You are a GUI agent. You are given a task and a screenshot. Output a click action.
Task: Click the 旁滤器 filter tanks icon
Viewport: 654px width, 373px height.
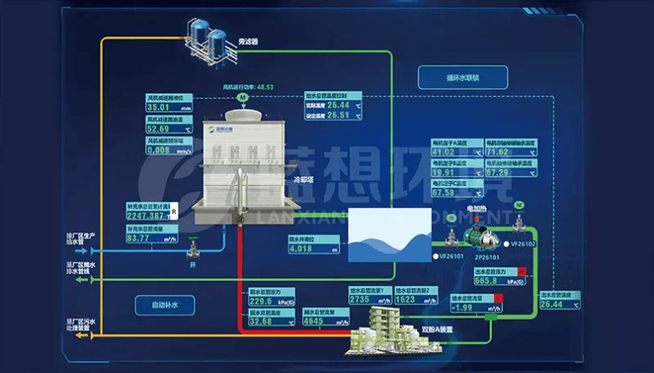click(x=208, y=41)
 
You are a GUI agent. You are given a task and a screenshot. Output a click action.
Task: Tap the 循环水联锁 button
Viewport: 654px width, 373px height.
click(x=461, y=80)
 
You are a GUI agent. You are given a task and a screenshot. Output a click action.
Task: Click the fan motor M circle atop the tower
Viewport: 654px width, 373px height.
click(x=242, y=98)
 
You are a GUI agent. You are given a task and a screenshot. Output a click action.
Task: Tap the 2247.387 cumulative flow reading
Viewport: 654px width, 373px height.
click(x=147, y=216)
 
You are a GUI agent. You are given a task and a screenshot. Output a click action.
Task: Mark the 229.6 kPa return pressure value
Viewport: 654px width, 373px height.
click(x=263, y=302)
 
